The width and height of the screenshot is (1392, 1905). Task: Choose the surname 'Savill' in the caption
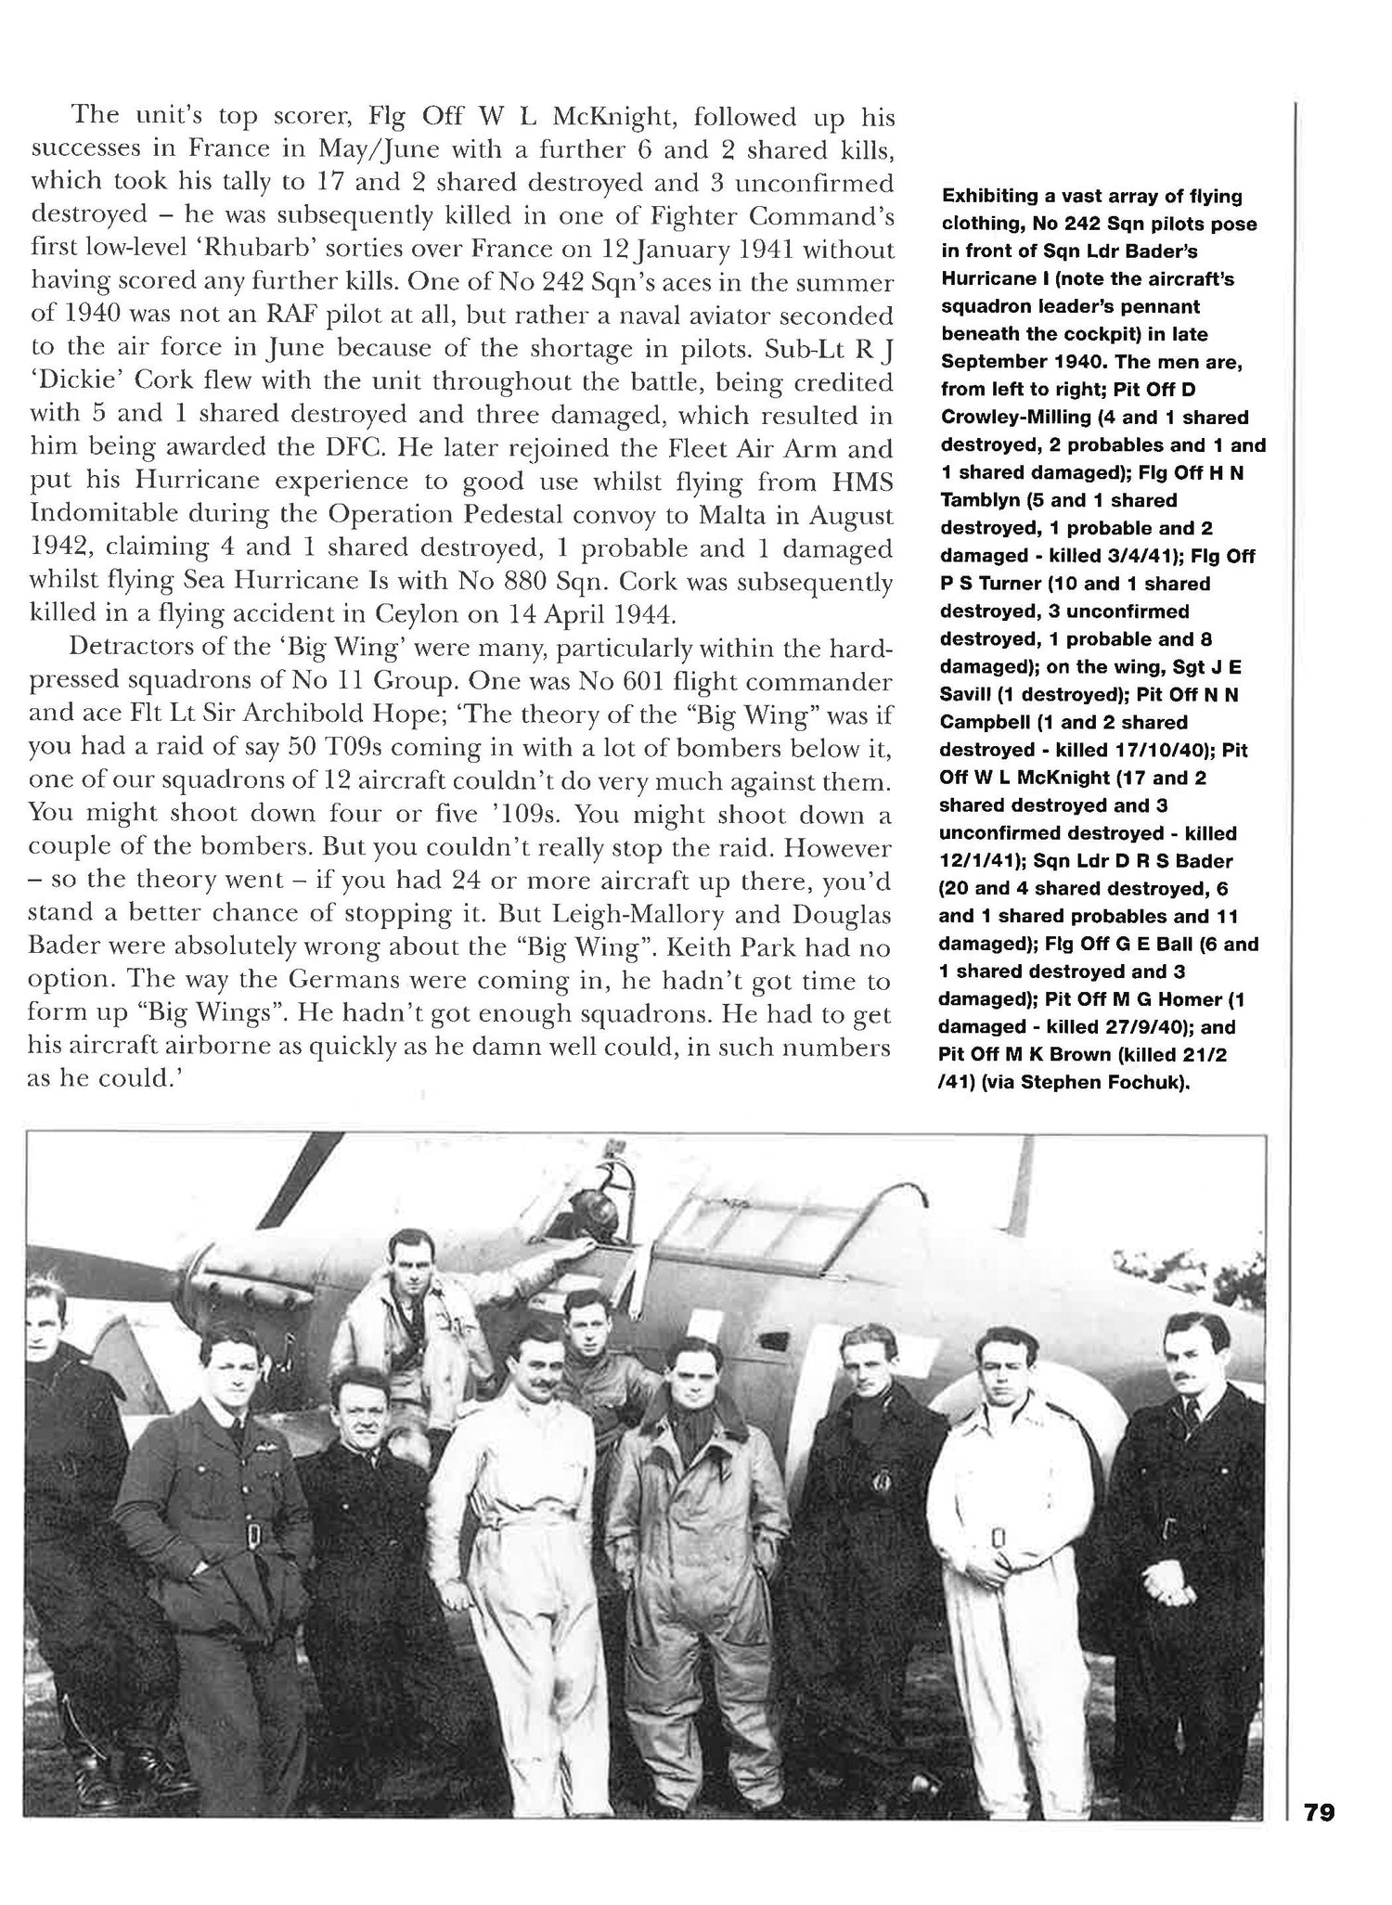click(966, 694)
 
